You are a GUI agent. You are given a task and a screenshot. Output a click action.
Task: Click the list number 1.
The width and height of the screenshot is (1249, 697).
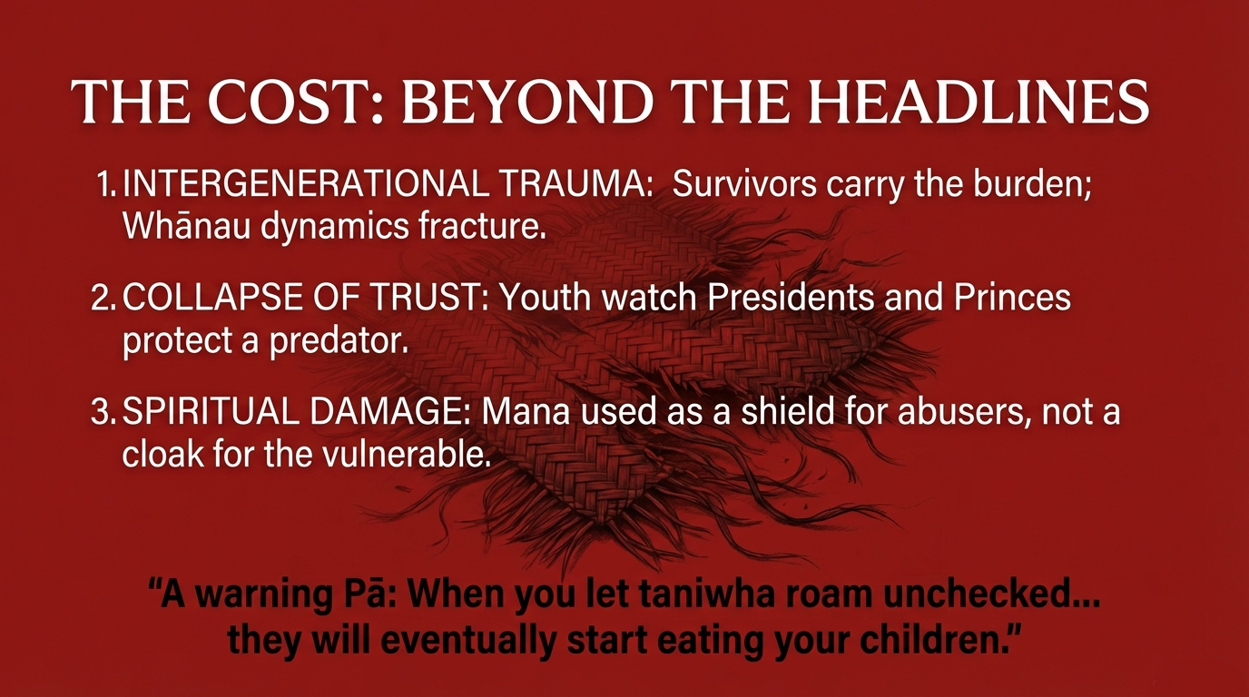pyautogui.click(x=106, y=184)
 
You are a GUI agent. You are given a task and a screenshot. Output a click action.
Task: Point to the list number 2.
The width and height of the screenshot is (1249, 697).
pyautogui.click(x=103, y=299)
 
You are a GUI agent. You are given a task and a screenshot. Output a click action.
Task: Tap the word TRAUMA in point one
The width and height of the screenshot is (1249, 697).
pyautogui.click(x=576, y=184)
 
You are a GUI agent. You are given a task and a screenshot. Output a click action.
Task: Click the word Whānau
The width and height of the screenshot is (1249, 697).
pyautogui.click(x=186, y=226)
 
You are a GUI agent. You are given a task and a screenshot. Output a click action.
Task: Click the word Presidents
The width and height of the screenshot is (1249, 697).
pyautogui.click(x=791, y=299)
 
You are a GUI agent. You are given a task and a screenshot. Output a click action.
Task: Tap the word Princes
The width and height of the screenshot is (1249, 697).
pyautogui.click(x=1012, y=299)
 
